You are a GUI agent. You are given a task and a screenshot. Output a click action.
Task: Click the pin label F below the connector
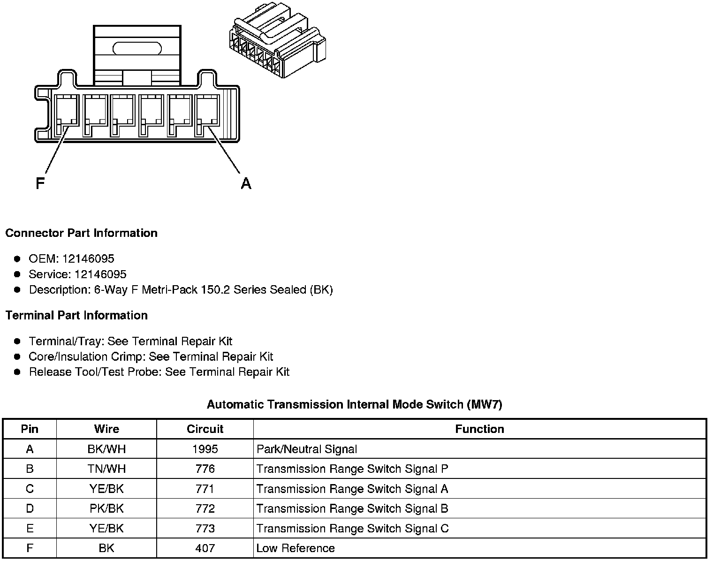(x=40, y=183)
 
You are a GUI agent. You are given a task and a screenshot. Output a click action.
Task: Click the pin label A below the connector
(x=246, y=183)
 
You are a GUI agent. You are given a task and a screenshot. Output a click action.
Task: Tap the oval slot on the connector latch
(x=137, y=48)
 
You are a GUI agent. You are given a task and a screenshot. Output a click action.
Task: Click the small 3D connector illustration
(x=277, y=45)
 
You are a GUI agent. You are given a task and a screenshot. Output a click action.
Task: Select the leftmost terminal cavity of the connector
(x=66, y=115)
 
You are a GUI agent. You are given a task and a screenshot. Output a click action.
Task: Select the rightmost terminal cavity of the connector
(x=207, y=115)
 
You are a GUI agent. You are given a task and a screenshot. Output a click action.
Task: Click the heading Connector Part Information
(x=82, y=233)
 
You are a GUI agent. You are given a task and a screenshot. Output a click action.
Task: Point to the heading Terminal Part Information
(x=76, y=315)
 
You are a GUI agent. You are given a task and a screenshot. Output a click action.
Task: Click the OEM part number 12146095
(x=88, y=259)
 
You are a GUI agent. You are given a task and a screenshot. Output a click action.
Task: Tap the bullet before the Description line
(x=17, y=290)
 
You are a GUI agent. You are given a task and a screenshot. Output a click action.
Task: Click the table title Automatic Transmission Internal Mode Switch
(x=354, y=404)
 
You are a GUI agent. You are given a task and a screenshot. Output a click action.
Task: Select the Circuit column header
(x=205, y=429)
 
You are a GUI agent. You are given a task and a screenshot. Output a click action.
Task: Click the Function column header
(x=479, y=429)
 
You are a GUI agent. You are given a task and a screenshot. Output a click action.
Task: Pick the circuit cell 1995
(x=205, y=449)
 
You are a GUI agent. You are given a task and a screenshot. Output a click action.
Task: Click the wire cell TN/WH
(x=106, y=469)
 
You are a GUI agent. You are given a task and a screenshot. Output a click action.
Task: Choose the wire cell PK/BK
(x=106, y=508)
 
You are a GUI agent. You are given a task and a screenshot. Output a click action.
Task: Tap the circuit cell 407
(x=205, y=548)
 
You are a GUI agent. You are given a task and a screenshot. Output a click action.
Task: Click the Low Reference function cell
(x=296, y=548)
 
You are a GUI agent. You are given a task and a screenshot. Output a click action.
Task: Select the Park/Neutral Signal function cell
(x=307, y=449)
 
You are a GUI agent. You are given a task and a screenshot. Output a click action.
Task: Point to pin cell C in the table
(x=30, y=489)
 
